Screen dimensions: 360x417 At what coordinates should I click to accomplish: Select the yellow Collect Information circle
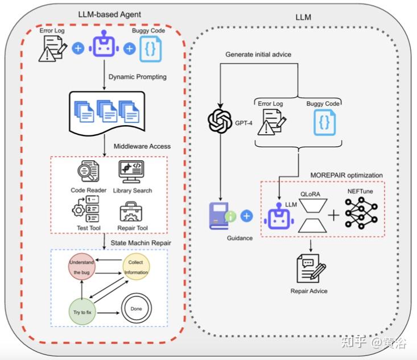(137, 267)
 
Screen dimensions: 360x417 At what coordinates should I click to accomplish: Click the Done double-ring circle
(137, 309)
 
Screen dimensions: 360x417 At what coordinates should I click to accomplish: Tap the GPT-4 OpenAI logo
(218, 121)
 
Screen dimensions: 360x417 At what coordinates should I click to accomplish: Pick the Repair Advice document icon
(309, 268)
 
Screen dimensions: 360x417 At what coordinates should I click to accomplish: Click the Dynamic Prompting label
(138, 77)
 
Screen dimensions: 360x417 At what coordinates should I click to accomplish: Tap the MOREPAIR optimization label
(346, 175)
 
